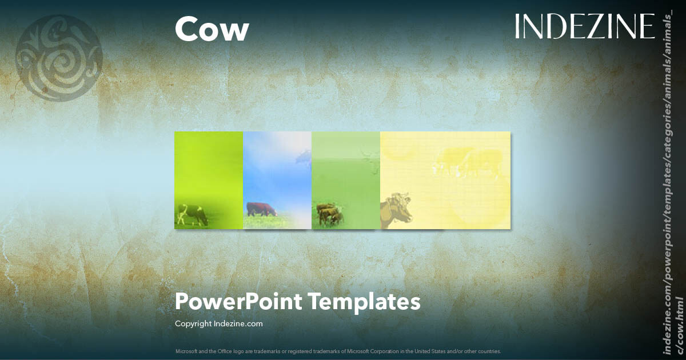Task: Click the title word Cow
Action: pos(212,29)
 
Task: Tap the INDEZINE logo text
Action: pos(584,26)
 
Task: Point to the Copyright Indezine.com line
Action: pos(218,324)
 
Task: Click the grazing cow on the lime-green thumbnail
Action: pos(192,215)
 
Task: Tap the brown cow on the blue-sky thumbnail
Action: pos(261,209)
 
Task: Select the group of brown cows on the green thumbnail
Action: pos(329,214)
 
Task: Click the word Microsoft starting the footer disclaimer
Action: pos(185,351)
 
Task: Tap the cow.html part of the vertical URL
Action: pos(680,331)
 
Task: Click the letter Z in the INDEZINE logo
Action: pos(591,26)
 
